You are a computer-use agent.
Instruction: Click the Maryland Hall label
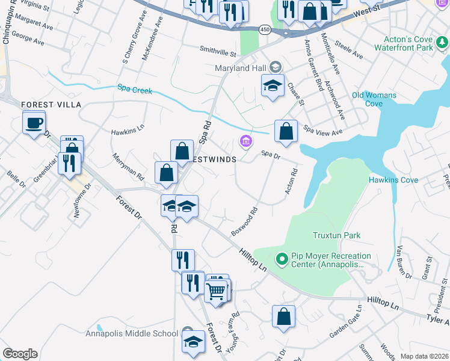tap(240, 68)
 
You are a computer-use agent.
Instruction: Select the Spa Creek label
tap(135, 91)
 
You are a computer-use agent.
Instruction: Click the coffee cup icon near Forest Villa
tap(34, 123)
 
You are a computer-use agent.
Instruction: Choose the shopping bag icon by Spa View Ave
tap(286, 131)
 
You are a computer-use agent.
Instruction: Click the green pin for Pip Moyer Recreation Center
tap(280, 259)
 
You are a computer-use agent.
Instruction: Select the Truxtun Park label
tap(331, 235)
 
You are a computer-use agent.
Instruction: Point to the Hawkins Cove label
tap(393, 180)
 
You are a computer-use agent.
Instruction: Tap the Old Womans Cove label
tap(374, 99)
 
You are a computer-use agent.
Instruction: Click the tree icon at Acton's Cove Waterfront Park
tap(443, 42)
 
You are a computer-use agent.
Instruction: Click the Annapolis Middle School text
tap(132, 333)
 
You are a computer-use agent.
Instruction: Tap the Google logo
tap(20, 354)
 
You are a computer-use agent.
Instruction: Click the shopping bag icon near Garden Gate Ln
tap(283, 315)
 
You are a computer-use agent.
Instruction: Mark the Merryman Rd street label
tap(128, 167)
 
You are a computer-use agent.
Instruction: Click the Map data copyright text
tap(424, 356)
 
